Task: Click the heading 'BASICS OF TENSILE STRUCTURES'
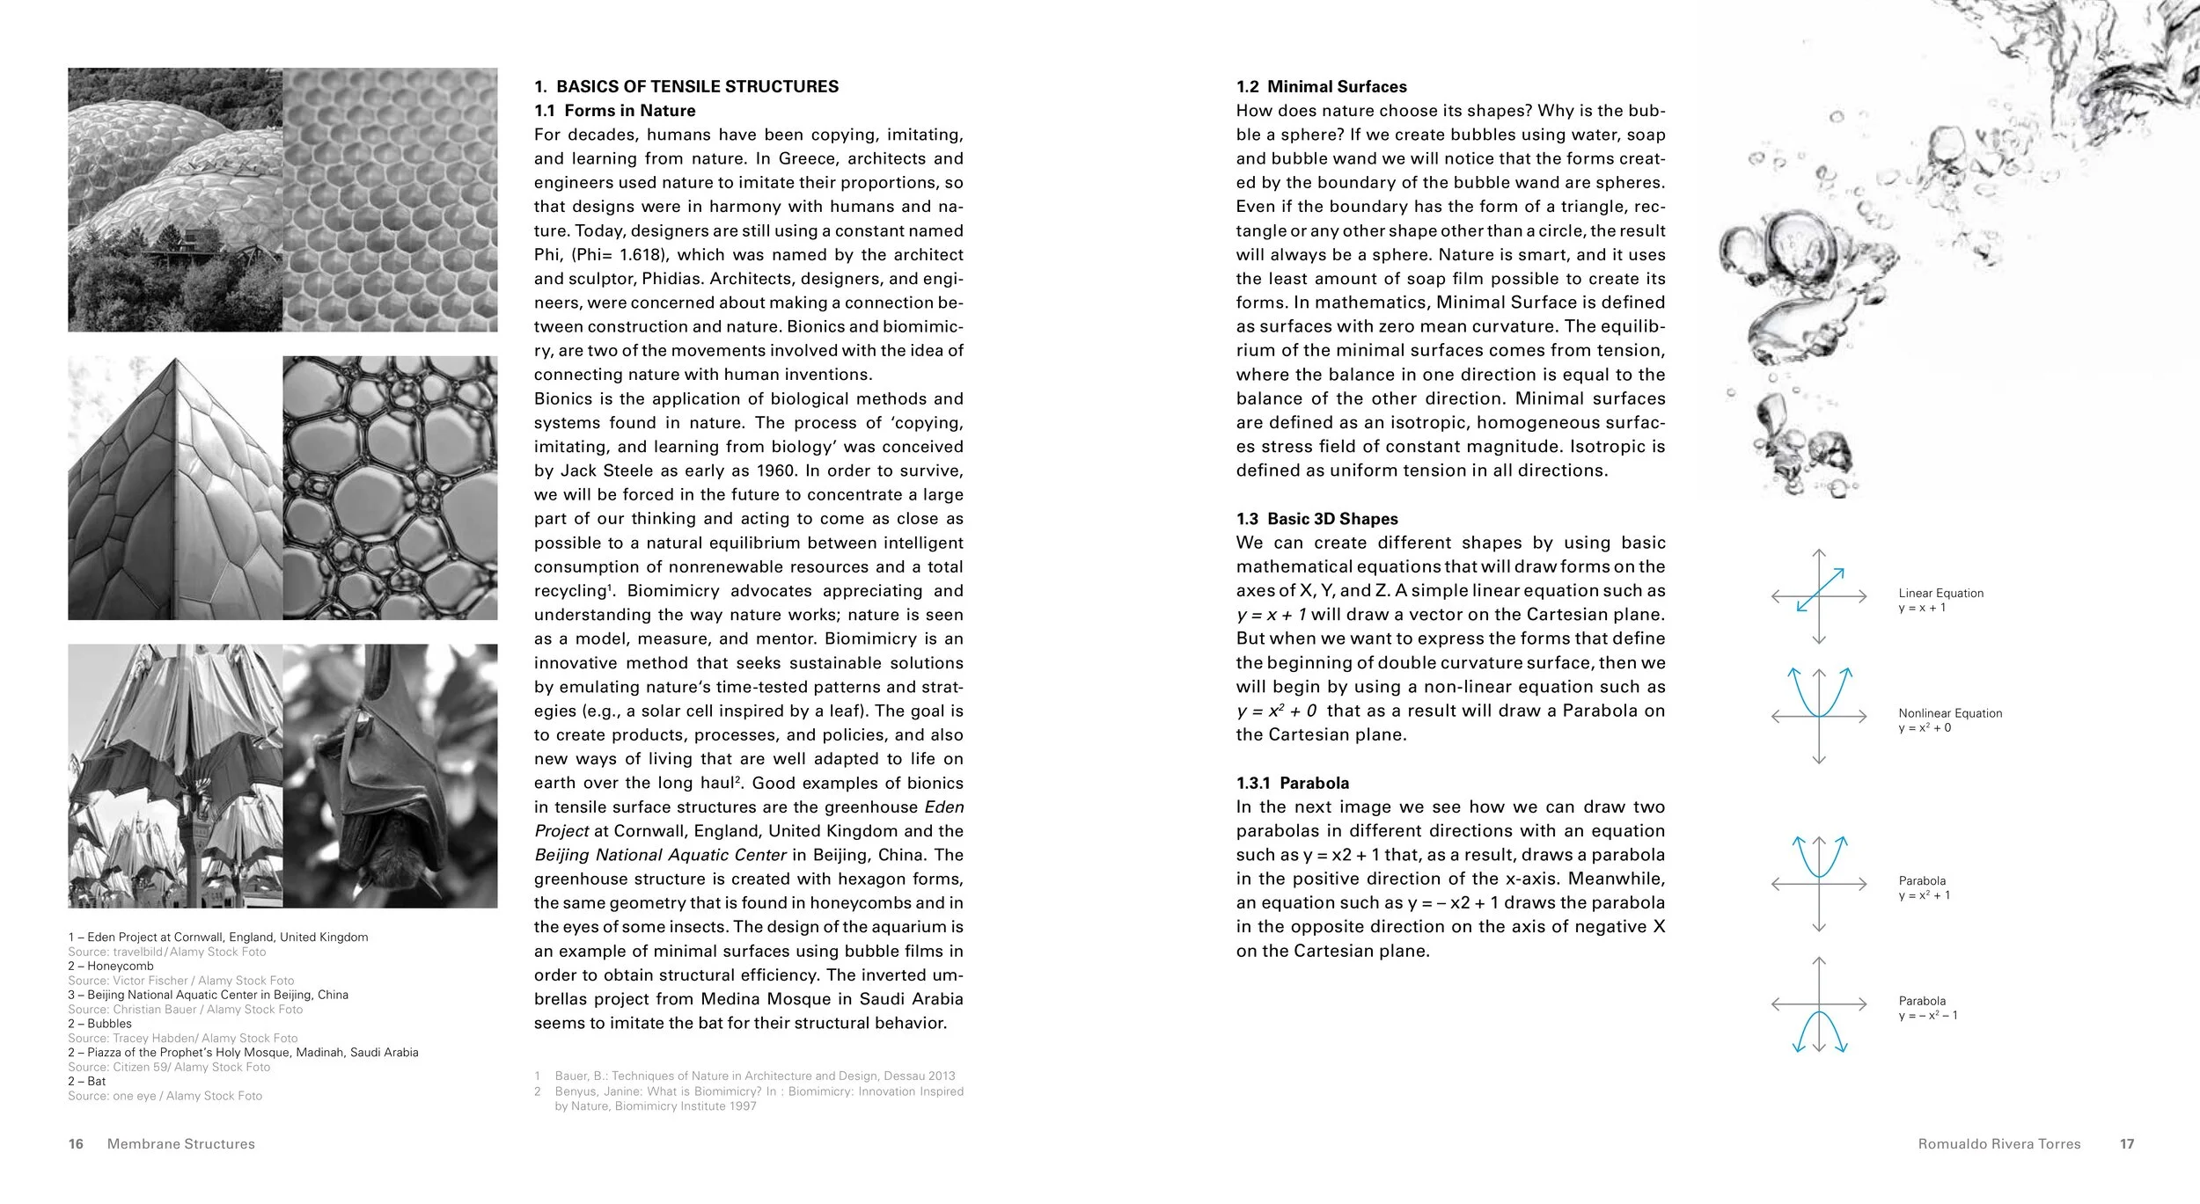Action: coord(697,86)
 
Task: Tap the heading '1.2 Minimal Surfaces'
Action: coord(1321,86)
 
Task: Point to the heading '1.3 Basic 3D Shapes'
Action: coord(1316,519)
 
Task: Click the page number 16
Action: coord(76,1144)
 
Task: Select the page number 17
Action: coord(2127,1144)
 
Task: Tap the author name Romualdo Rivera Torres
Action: coord(1999,1144)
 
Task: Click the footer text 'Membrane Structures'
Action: coord(180,1144)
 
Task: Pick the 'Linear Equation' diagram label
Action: coord(1940,594)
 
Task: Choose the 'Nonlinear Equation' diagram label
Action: coord(1949,713)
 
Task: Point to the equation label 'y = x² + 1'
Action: coord(1924,895)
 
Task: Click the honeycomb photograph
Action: coord(390,200)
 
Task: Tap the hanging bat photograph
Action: coord(390,776)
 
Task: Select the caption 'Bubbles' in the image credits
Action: coord(109,1024)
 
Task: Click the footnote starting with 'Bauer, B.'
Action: coord(754,1076)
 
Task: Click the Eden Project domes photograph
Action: coord(175,200)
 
